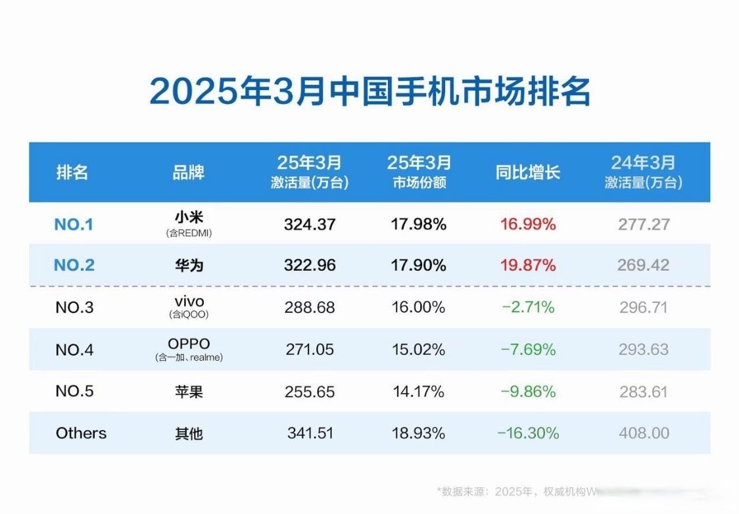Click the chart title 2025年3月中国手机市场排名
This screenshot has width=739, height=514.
click(x=369, y=92)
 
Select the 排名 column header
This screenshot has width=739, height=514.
click(x=72, y=173)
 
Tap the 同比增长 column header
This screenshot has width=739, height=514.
click(x=527, y=173)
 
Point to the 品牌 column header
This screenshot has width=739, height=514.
click(x=188, y=173)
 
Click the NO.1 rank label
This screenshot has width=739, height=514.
click(x=74, y=225)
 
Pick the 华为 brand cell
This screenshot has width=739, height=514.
click(x=188, y=266)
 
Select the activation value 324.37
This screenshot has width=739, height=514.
click(x=310, y=225)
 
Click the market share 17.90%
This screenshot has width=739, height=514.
click(x=419, y=266)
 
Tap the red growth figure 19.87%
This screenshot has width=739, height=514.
click(x=528, y=266)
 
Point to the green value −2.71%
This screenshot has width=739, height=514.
click(x=527, y=308)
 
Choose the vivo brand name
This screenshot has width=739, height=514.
click(x=188, y=302)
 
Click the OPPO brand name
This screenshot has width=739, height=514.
click(x=188, y=344)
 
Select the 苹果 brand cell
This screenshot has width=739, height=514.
click(x=188, y=392)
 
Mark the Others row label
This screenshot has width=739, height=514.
click(x=81, y=433)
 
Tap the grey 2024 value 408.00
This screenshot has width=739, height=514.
click(x=644, y=433)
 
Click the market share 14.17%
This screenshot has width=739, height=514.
click(x=419, y=392)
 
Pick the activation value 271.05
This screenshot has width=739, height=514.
click(x=310, y=350)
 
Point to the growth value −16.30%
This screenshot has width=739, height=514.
click(x=528, y=433)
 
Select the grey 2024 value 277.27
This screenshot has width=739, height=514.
click(x=644, y=225)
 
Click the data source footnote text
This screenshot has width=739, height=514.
click(x=519, y=491)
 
